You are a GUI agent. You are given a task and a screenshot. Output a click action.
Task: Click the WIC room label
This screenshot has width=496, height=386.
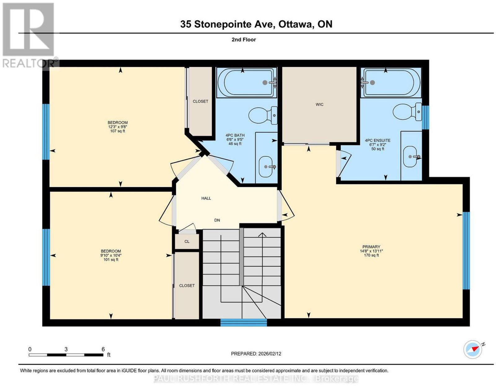(x=319, y=104)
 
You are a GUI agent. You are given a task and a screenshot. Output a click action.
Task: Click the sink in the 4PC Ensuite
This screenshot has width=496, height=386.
(x=410, y=157)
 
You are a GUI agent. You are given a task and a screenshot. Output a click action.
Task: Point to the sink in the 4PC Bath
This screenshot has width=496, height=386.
(x=266, y=167)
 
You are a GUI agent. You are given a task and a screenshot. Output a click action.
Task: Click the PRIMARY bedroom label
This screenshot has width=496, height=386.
(x=371, y=247)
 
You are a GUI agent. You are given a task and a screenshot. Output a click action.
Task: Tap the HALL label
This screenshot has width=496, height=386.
(x=206, y=198)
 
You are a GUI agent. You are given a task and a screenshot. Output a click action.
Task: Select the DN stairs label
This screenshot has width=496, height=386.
(x=217, y=220)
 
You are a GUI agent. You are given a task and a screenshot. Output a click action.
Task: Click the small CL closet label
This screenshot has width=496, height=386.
(x=187, y=241)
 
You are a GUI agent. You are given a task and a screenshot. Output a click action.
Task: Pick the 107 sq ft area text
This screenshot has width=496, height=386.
(x=117, y=131)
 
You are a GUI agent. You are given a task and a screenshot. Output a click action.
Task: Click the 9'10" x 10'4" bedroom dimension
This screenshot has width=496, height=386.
(x=111, y=255)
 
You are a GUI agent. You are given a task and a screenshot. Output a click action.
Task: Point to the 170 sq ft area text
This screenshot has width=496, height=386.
(x=371, y=255)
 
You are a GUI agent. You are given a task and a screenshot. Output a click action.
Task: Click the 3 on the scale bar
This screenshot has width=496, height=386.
(x=66, y=349)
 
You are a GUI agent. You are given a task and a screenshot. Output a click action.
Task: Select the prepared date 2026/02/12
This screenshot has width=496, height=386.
(x=270, y=353)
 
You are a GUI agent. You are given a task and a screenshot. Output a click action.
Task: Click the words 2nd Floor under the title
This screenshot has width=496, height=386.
(x=244, y=39)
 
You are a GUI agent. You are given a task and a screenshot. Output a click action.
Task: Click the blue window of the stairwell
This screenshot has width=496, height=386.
(x=244, y=322)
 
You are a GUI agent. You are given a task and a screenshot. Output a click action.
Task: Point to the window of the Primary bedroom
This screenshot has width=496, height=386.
(x=466, y=251)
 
